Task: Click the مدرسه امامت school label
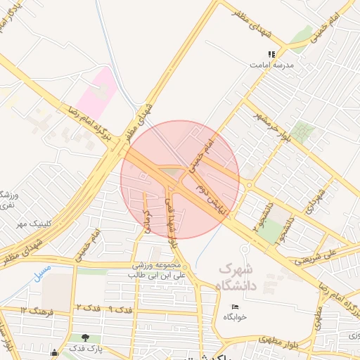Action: (270, 65)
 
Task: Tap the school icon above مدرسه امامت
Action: (271, 54)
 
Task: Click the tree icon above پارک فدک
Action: (86, 338)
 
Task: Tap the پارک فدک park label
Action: (86, 349)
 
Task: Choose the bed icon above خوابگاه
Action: (236, 307)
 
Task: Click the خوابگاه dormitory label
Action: (236, 317)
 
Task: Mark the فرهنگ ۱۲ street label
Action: (34, 310)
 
